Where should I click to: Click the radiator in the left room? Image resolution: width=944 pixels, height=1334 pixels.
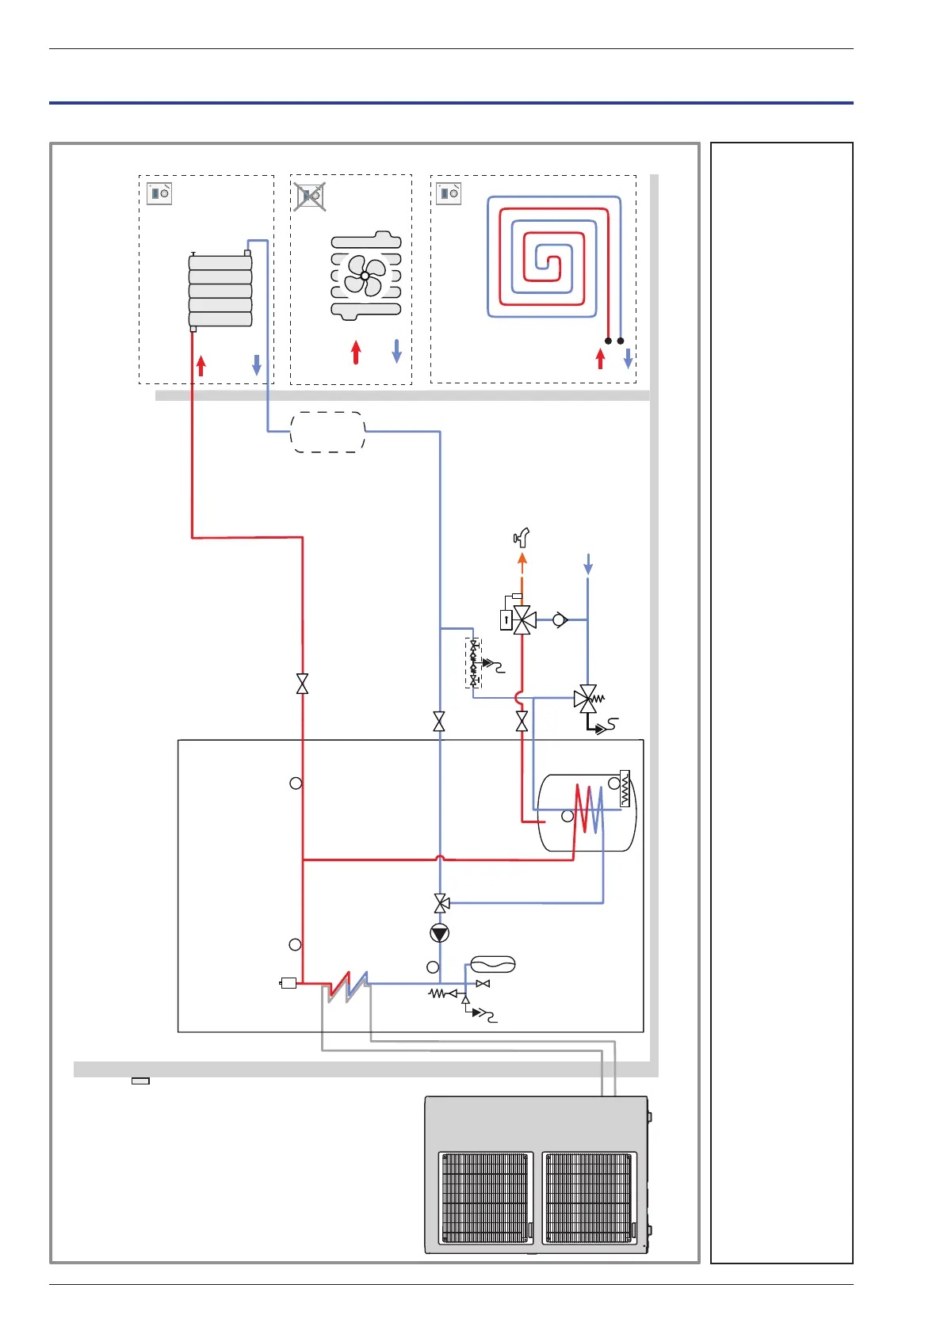220,291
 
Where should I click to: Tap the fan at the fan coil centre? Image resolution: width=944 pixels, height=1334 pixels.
365,276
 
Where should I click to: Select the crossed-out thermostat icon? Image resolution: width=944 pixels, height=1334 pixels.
310,195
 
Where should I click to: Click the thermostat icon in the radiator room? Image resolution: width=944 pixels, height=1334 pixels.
159,193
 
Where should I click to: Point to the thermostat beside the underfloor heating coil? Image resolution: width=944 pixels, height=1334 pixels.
449,193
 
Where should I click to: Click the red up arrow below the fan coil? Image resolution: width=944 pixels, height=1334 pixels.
356,352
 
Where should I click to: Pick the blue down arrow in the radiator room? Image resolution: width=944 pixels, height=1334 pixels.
256,364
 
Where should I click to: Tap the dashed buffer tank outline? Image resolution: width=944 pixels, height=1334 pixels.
328,432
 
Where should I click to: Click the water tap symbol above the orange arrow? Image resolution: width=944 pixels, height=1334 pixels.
522,538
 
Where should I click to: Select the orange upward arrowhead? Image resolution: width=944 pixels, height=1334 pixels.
522,559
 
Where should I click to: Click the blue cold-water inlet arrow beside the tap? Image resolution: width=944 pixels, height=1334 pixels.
587,564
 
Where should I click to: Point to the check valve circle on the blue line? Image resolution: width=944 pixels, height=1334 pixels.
560,619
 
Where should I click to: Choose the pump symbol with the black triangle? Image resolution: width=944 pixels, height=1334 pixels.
440,933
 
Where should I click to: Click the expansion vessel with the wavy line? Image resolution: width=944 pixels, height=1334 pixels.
493,964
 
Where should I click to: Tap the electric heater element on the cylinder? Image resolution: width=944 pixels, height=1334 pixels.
625,788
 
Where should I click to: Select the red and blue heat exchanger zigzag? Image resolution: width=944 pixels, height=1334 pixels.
348,985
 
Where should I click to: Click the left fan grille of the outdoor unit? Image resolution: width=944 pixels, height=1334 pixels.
484,1198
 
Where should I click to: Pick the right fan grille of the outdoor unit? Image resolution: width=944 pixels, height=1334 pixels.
589,1198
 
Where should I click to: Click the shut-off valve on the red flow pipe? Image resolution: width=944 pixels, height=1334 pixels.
302,684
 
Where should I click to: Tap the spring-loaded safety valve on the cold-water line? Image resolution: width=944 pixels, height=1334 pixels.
588,699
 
